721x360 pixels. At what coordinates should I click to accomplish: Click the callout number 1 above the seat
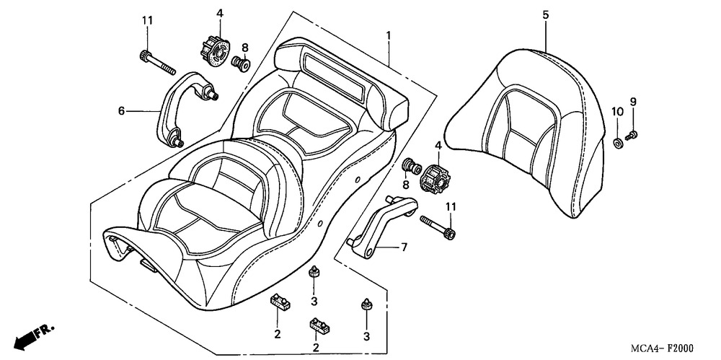tap(389, 35)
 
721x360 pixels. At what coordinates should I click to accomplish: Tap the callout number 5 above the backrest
tap(545, 14)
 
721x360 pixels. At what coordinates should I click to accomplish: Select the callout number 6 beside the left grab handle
tap(121, 111)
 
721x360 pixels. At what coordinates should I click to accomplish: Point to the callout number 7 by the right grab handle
tap(404, 247)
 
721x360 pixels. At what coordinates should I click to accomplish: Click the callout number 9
tap(633, 102)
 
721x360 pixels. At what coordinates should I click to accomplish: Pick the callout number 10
tap(617, 111)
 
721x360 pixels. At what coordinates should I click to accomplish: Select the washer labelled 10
tap(618, 142)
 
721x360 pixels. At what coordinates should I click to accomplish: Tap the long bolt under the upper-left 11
tap(158, 63)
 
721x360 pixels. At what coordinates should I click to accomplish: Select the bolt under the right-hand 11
tap(438, 227)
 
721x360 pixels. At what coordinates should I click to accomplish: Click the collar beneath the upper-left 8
tap(240, 63)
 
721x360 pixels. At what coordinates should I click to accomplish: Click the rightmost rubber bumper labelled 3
tap(366, 304)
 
